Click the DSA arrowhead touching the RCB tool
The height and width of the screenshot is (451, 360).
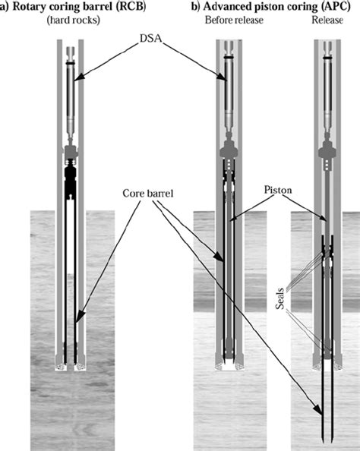(77, 74)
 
